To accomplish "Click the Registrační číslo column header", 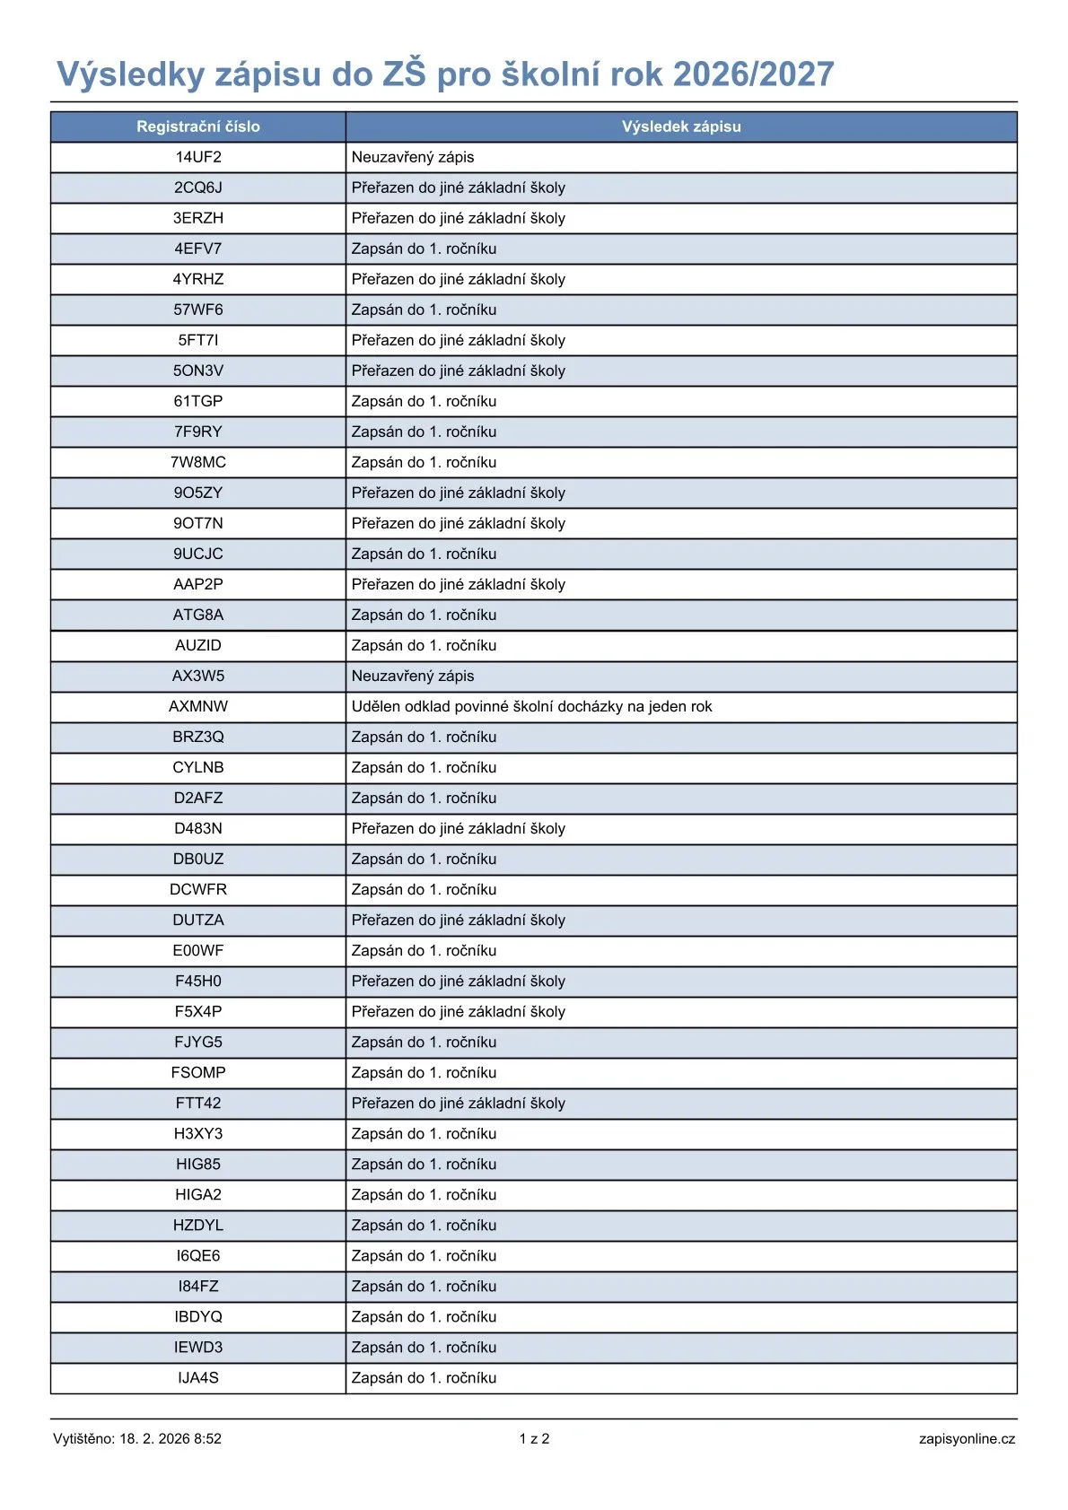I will tap(197, 127).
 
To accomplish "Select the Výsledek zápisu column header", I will tap(681, 127).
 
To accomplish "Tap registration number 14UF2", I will tap(198, 157).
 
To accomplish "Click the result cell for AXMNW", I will tap(531, 706).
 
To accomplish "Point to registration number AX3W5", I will tap(198, 676).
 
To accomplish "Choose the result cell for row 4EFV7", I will tap(424, 249).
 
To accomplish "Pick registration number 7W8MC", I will tap(198, 462).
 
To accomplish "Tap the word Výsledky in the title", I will tap(131, 74).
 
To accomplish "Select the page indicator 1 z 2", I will tap(534, 1438).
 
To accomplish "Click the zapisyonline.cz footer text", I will tap(967, 1438).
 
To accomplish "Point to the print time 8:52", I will tap(207, 1438).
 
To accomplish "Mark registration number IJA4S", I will tap(198, 1377).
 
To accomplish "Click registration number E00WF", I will tap(198, 950).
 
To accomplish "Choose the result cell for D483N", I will tap(458, 828).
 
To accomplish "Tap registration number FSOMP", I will tap(198, 1072).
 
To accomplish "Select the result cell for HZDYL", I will tap(424, 1225).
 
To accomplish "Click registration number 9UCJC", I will tap(198, 554).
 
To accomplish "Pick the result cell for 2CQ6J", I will tap(458, 188).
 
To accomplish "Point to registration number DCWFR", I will tap(198, 889).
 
